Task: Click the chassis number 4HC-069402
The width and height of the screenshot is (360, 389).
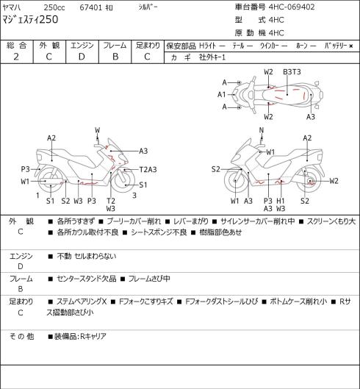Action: point(292,7)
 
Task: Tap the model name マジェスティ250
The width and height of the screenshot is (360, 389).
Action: point(30,19)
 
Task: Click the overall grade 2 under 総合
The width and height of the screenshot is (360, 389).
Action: point(16,57)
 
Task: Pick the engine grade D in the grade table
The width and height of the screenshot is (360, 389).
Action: point(82,57)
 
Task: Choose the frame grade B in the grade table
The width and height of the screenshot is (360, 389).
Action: point(115,57)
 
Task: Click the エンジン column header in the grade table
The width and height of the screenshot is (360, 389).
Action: point(82,46)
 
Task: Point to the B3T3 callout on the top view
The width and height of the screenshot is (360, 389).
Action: point(292,72)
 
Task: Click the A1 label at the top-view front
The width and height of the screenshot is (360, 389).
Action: point(222,95)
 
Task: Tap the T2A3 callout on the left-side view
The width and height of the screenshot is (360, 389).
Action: point(148,170)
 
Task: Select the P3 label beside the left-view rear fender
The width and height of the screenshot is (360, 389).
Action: point(25,169)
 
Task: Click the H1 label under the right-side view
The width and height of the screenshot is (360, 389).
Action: point(281,201)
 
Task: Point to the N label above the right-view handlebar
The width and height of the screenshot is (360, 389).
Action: point(262,130)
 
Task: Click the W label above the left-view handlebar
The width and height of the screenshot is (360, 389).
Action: point(98,130)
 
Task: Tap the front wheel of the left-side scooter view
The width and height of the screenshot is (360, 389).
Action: point(123,181)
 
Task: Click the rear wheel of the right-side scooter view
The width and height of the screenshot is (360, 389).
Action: point(309,180)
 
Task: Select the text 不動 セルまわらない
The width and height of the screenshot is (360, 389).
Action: point(87,256)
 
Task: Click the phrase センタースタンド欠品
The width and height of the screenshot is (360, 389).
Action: point(87,279)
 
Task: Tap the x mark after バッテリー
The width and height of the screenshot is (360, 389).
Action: point(351,46)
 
